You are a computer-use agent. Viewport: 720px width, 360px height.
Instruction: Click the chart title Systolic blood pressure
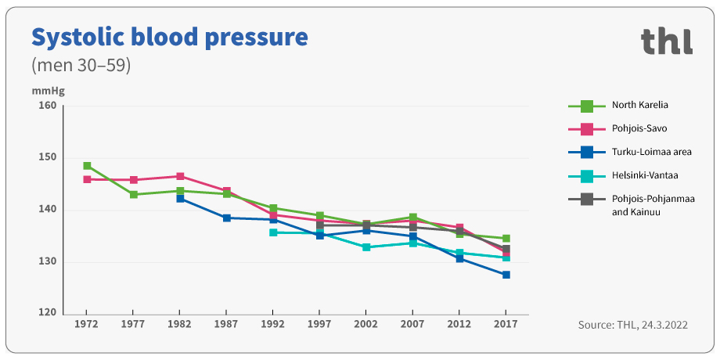168,37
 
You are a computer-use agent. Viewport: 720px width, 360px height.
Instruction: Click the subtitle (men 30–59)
80,65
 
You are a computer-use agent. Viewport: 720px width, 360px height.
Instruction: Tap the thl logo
666,41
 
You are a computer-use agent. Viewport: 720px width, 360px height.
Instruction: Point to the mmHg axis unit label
48,90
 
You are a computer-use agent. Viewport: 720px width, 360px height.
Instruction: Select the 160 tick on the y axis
47,106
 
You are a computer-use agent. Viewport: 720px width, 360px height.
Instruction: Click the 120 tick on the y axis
47,313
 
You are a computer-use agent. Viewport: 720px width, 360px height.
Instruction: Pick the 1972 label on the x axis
86,324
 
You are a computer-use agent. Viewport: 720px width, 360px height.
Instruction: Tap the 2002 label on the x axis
366,324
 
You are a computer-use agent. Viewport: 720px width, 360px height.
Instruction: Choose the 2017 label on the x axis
506,324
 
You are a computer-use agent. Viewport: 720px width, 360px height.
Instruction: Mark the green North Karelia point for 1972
87,166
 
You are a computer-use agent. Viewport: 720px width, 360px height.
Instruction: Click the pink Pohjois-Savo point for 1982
180,176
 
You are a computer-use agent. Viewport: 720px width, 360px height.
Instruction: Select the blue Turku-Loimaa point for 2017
506,275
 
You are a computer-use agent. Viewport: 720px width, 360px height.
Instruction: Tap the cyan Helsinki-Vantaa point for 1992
273,232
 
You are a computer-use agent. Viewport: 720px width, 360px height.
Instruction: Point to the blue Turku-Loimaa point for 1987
227,218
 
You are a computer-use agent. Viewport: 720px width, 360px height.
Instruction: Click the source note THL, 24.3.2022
632,325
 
